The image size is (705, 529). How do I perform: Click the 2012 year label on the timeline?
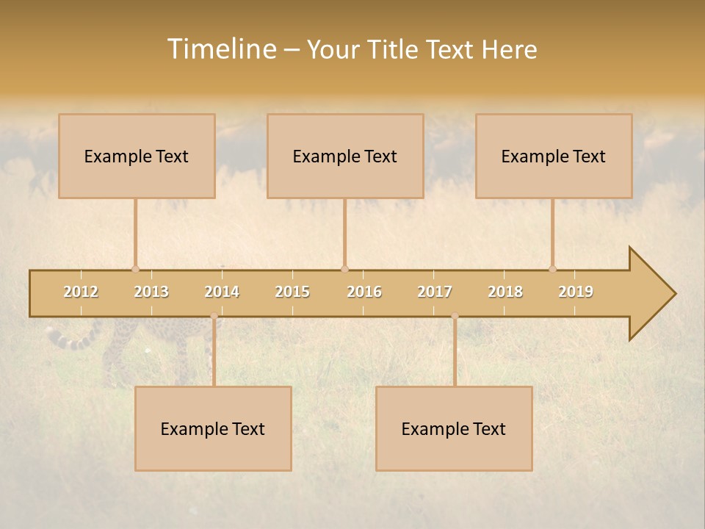81,292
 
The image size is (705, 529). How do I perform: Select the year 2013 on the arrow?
151,292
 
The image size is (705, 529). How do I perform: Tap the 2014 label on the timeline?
222,292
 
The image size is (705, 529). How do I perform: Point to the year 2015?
292,292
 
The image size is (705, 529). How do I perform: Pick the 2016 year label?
364,292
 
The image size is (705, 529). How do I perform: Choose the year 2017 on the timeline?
435,292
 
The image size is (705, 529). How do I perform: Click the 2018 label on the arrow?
505,292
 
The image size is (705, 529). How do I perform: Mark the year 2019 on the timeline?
576,292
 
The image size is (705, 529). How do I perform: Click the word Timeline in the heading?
220,49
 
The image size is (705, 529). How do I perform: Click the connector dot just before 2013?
135,269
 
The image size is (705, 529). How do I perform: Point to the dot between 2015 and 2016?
344,269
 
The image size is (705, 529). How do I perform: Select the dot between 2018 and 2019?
552,269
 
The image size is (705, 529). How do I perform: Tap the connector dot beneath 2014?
214,316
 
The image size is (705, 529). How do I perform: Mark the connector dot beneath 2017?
455,316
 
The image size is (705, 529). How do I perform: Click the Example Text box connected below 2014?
213,428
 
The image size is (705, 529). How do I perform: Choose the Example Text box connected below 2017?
454,428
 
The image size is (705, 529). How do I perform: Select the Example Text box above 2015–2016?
345,156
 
